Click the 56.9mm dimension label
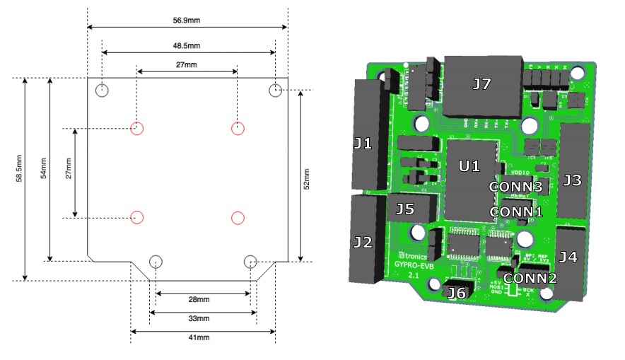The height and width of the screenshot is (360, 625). [187, 21]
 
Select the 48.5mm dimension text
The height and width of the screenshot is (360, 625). [187, 45]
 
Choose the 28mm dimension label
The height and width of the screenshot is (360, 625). [203, 300]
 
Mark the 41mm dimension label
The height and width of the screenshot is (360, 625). [203, 338]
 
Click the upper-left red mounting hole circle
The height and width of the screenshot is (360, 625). [137, 128]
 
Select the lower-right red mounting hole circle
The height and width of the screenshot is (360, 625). [238, 217]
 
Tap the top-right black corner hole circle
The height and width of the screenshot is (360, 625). [276, 90]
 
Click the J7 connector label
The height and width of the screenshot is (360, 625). [481, 84]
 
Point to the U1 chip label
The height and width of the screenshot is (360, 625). [469, 166]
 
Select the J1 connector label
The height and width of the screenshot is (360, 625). [363, 144]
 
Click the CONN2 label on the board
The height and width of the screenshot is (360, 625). [530, 278]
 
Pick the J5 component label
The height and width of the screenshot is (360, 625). [405, 209]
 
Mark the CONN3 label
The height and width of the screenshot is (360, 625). [516, 187]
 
